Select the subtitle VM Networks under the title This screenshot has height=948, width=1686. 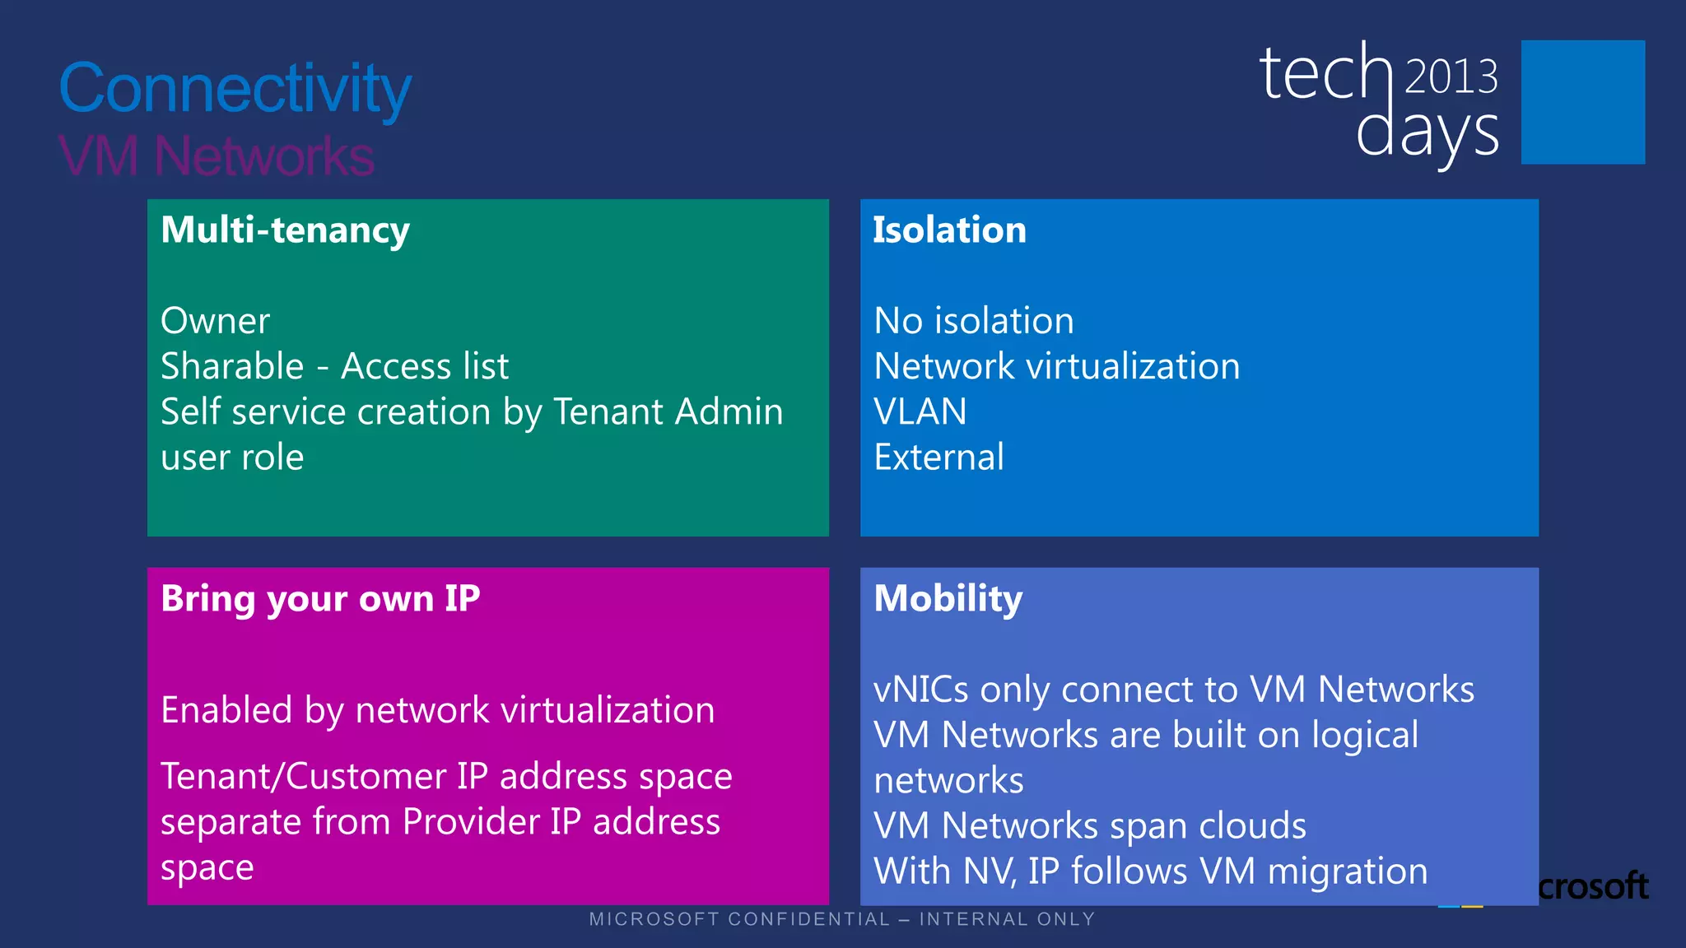tap(217, 156)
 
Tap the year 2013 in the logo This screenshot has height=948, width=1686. tap(1451, 77)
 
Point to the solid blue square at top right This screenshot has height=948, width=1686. tap(1582, 102)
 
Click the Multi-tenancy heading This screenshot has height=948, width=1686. tap(285, 230)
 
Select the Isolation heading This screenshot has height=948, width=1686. tap(949, 230)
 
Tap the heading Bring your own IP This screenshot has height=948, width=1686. tap(320, 599)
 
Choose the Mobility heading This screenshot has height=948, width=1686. tap(948, 599)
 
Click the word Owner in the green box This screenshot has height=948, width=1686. tap(215, 321)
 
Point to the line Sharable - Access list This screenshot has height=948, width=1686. tap(334, 366)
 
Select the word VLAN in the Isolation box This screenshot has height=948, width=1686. tap(920, 411)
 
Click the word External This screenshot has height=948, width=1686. tap(939, 458)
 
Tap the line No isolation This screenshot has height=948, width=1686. tap(974, 321)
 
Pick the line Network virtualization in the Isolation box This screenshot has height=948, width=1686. tap(1057, 366)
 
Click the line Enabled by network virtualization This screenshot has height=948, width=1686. tap(438, 710)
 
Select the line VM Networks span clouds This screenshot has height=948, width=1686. tap(1090, 826)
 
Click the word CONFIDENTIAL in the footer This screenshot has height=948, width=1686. tap(809, 919)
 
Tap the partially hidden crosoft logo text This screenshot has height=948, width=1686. tap(1593, 886)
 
